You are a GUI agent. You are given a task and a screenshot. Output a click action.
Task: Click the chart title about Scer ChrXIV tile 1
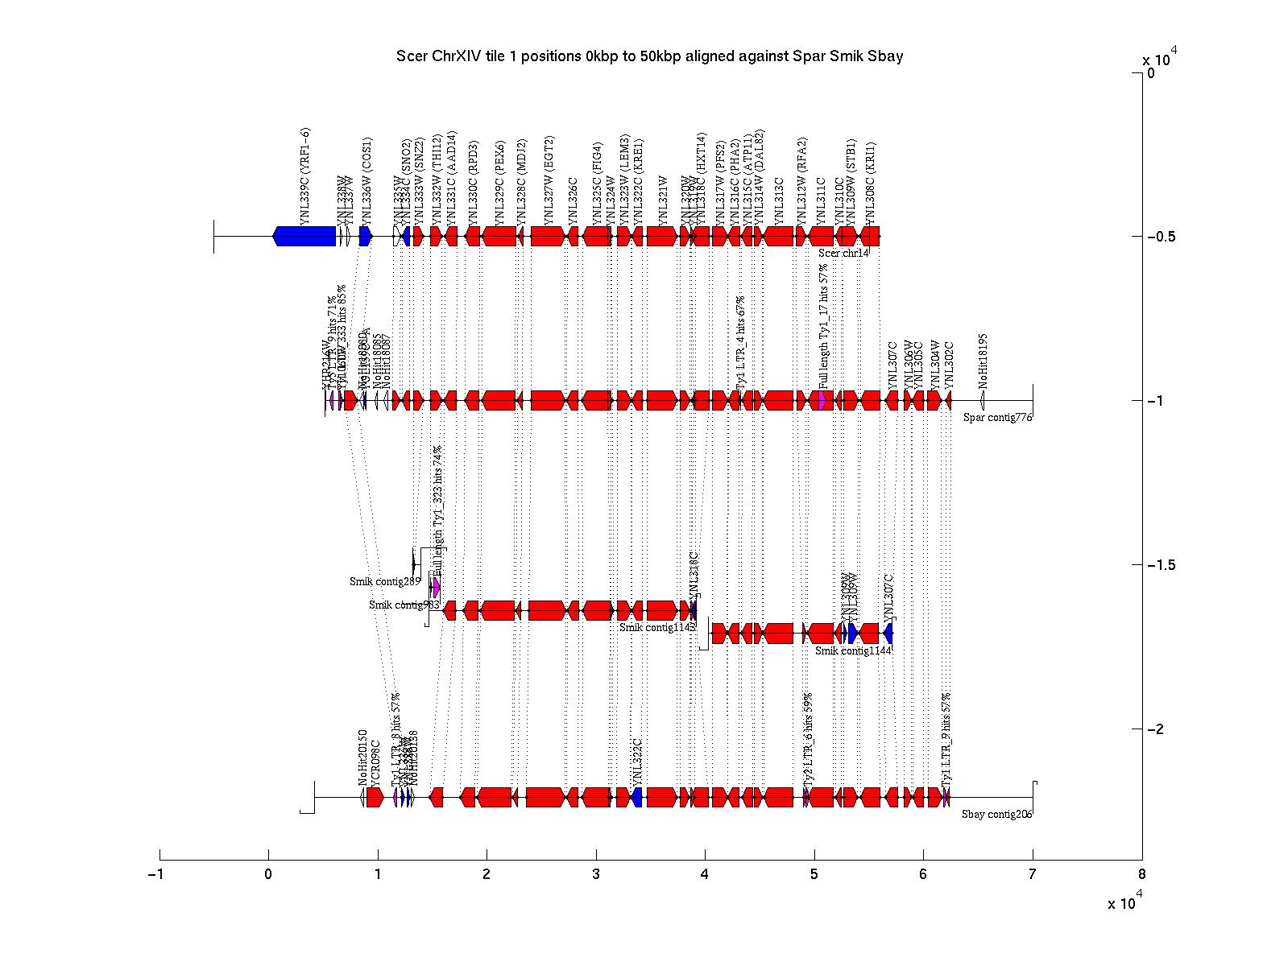(649, 56)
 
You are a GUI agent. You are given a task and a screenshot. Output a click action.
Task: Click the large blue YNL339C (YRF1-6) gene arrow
(304, 236)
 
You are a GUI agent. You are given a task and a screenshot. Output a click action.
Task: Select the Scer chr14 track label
(843, 253)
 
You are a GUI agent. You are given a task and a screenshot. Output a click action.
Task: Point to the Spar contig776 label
(997, 417)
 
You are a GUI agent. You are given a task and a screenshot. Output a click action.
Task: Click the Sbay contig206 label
(996, 814)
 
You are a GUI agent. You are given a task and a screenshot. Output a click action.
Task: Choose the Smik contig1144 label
(852, 650)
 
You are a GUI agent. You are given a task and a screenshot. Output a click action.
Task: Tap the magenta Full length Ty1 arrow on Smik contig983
(437, 587)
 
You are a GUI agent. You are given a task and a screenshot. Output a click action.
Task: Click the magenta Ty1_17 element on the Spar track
(821, 400)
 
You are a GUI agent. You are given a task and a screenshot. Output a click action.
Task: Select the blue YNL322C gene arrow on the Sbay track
(637, 797)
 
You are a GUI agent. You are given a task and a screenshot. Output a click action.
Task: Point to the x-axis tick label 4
(705, 875)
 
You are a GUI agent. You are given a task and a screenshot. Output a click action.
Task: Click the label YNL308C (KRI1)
(870, 184)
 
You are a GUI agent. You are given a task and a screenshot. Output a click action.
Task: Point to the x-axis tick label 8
(1141, 875)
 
